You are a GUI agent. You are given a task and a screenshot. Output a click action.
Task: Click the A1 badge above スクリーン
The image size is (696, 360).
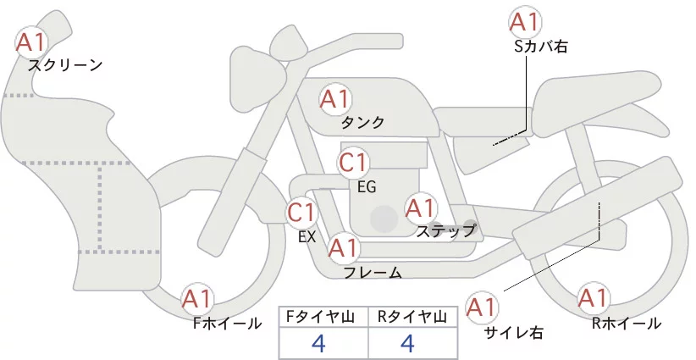pyautogui.click(x=32, y=41)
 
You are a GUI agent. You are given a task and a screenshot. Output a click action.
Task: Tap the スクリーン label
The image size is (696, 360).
pyautogui.click(x=65, y=64)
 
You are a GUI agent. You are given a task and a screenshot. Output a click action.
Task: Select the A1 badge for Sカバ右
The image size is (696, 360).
pyautogui.click(x=524, y=22)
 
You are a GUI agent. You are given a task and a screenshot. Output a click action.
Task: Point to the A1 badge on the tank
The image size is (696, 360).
pyautogui.click(x=334, y=99)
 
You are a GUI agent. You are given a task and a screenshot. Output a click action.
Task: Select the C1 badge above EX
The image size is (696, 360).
pyautogui.click(x=301, y=212)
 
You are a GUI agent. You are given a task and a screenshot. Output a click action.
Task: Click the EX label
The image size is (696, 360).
pyautogui.click(x=307, y=236)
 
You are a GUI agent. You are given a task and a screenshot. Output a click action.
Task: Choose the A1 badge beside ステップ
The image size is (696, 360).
pyautogui.click(x=420, y=208)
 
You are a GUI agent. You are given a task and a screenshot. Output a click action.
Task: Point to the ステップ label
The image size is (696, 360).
pyautogui.click(x=446, y=230)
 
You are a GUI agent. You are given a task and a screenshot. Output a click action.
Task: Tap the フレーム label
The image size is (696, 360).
pyautogui.click(x=372, y=273)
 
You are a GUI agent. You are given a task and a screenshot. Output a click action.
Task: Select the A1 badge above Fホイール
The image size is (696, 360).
pyautogui.click(x=198, y=298)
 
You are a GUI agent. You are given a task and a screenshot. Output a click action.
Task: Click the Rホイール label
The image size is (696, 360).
pyautogui.click(x=627, y=323)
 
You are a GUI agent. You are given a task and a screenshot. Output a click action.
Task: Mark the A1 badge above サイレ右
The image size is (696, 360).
pyautogui.click(x=483, y=307)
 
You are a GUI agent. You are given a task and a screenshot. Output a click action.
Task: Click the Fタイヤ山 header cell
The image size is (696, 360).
pyautogui.click(x=323, y=317)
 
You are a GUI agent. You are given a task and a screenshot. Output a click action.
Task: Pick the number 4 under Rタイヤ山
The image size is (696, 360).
pyautogui.click(x=407, y=343)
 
